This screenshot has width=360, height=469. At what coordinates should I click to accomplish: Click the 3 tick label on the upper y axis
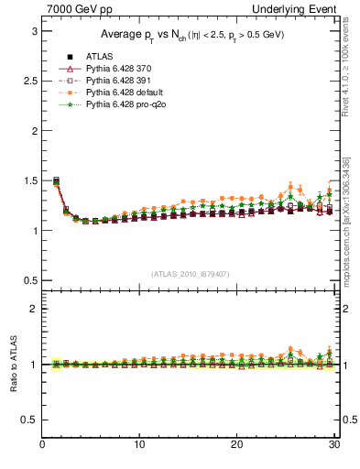click(33, 31)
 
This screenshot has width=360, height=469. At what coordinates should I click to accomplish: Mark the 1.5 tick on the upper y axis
click(28, 180)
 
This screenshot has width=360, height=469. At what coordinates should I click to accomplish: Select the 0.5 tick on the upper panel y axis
click(28, 280)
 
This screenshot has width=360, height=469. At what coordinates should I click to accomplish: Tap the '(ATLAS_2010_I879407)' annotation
click(189, 273)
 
